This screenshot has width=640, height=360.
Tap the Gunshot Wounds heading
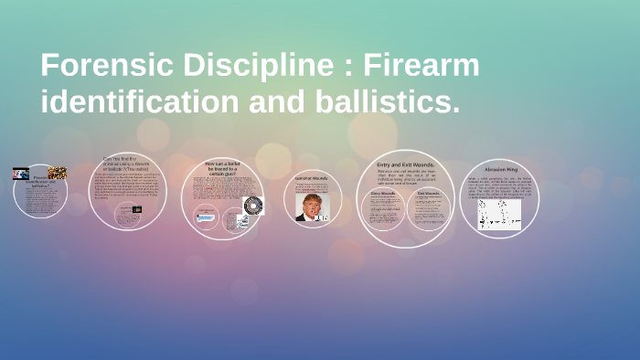pyautogui.click(x=313, y=178)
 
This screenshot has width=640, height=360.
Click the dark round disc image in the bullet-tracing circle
pyautogui.click(x=251, y=206)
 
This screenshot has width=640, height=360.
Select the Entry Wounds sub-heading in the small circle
pyautogui.click(x=381, y=193)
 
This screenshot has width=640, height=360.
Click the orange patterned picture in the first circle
pyautogui.click(x=58, y=173)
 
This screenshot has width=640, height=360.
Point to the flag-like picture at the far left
pyautogui.click(x=21, y=174)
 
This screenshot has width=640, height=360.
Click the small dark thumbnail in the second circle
pyautogui.click(x=137, y=209)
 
